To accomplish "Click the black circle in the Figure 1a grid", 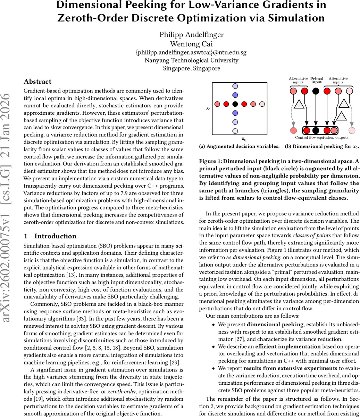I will point(235,104).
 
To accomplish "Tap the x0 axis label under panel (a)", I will point(244,139).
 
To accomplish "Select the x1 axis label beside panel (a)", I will point(208,108).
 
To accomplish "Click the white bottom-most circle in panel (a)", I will point(235,131).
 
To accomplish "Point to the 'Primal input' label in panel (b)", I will point(316,80).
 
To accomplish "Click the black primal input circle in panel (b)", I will point(316,91).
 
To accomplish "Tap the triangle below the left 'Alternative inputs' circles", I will point(299,104).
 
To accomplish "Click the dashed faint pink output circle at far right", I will point(352,131).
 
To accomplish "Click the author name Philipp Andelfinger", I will point(191,34).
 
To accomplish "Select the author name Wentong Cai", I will point(191,44).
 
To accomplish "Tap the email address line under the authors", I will point(191,52).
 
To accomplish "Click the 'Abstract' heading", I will point(37,82).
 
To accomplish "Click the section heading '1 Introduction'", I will point(50,236).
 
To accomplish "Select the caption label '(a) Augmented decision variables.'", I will point(239,146).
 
